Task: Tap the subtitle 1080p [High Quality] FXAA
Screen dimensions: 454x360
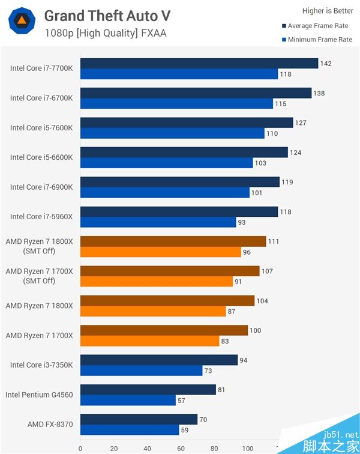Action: point(105,33)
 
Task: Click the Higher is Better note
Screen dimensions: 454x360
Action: point(327,11)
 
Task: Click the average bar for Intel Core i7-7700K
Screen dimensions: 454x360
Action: point(199,64)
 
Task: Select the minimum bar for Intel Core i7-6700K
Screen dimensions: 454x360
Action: point(176,103)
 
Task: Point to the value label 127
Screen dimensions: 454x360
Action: point(301,123)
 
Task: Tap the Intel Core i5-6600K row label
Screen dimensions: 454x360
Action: point(41,157)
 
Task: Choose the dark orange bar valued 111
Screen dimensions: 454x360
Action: point(173,241)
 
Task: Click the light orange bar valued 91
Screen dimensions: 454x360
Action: point(157,281)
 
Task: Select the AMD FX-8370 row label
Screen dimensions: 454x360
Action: point(50,425)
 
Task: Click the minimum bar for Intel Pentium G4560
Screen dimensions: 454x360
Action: point(128,400)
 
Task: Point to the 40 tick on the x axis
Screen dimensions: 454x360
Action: point(147,448)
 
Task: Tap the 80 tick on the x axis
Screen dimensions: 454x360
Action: point(214,448)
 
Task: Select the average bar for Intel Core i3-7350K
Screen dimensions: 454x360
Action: point(159,360)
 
